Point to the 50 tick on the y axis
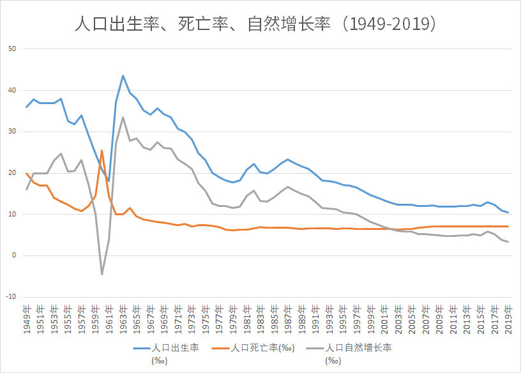coord(12,49)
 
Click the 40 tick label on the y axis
coord(12,91)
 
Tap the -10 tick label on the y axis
coord(11,297)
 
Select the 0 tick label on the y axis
coord(14,255)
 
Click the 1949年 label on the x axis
coord(27,318)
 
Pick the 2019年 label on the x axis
coord(509,318)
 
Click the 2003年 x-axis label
coord(398,318)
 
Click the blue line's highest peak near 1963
coord(123,75)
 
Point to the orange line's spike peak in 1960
coord(102,150)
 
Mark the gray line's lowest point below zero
coord(102,274)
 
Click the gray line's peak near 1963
coord(123,117)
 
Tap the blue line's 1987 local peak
coord(288,159)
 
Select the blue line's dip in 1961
coord(109,181)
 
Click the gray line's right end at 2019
coord(508,241)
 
